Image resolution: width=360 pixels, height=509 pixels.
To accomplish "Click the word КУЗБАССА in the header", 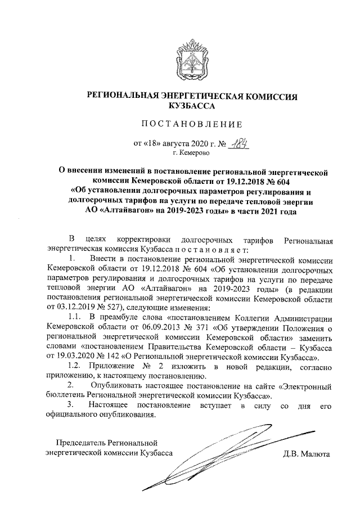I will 192,105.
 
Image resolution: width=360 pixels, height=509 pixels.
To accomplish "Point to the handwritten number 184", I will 238,143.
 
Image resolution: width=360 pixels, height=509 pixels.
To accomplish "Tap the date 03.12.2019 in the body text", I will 82,308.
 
